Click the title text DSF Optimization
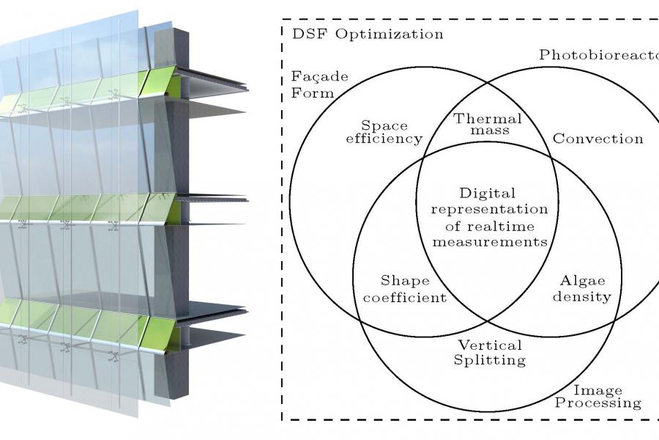pyautogui.click(x=368, y=34)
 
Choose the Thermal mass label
pyautogui.click(x=488, y=125)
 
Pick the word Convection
pyautogui.click(x=598, y=138)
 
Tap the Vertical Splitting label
pyautogui.click(x=490, y=352)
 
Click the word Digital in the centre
pyautogui.click(x=488, y=194)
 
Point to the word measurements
pyautogui.click(x=488, y=242)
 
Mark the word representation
pyautogui.click(x=488, y=210)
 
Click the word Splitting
pyautogui.click(x=490, y=360)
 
